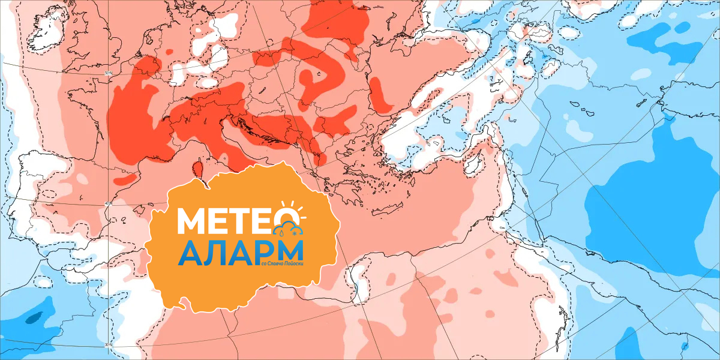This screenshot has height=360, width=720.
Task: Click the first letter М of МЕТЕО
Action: (x=191, y=221)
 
